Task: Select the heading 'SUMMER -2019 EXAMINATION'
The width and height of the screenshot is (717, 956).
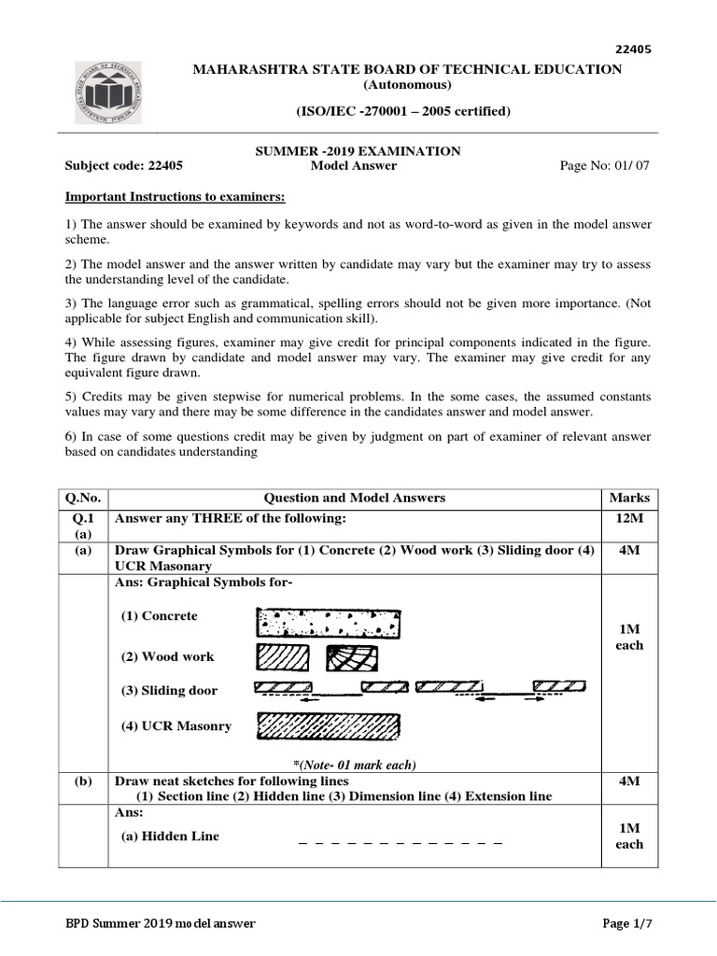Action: pos(358,150)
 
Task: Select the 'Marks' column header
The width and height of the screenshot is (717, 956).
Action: pos(628,498)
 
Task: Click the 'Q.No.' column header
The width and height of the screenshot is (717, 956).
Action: pos(83,498)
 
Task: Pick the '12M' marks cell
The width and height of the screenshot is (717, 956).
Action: pos(628,518)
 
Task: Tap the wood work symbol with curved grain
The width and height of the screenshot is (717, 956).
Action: pos(351,658)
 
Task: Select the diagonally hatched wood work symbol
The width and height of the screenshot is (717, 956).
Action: pos(283,657)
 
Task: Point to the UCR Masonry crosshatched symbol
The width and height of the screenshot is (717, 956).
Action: pos(329,725)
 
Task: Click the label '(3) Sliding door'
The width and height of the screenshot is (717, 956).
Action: pos(169,691)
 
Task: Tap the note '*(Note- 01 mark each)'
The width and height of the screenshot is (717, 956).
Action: pos(354,765)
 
